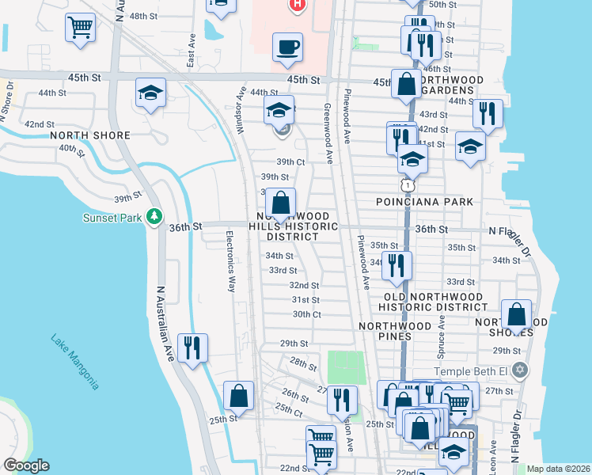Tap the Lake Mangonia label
tap(75, 363)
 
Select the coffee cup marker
tap(287, 47)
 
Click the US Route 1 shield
tap(407, 184)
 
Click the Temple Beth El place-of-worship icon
tap(519, 370)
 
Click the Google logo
tap(27, 465)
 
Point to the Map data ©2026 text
tap(558, 469)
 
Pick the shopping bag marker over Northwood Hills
tap(280, 203)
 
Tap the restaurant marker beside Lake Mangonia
tap(192, 348)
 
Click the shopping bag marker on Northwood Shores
tap(516, 314)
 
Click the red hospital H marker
tap(296, 4)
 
